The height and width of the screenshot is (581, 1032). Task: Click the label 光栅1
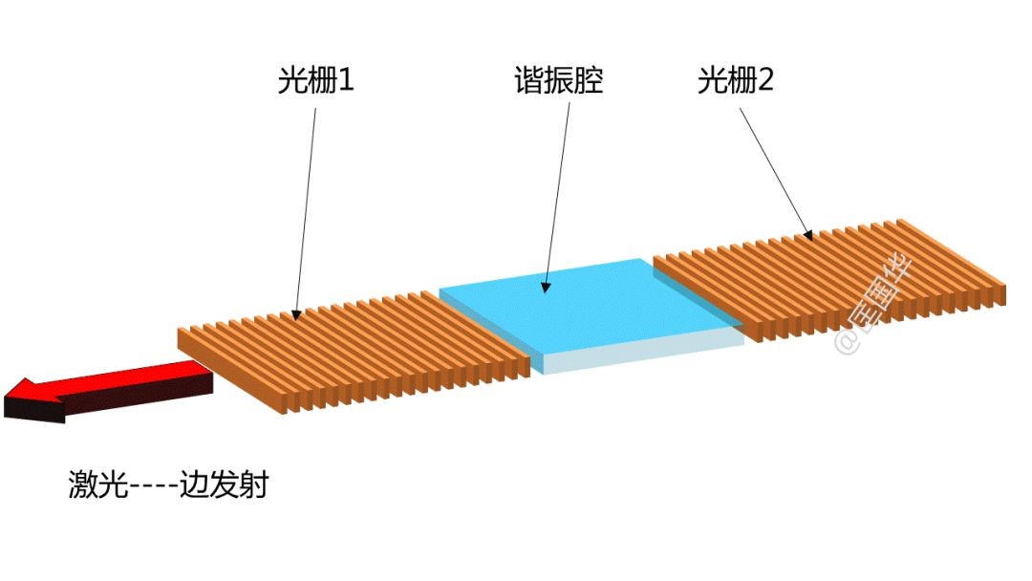click(315, 81)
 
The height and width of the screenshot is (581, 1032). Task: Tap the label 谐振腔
click(559, 81)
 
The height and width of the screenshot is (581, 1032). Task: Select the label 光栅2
click(735, 81)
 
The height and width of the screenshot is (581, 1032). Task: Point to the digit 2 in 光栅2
click(764, 81)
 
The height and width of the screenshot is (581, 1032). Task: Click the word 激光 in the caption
click(93, 485)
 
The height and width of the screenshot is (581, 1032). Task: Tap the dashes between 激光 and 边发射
click(148, 485)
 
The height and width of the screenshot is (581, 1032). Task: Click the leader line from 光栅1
click(306, 210)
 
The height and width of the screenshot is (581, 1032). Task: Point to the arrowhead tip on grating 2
click(812, 237)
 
